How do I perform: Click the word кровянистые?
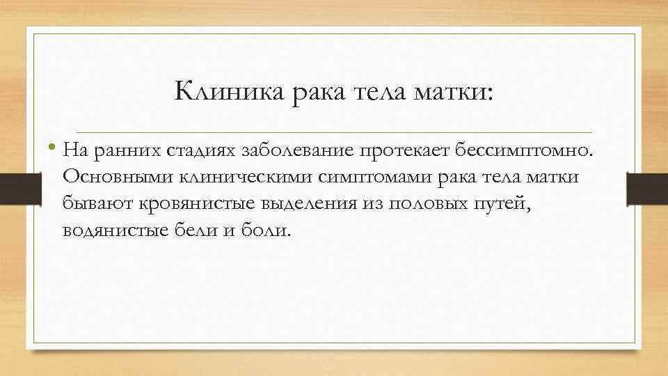coord(163,204)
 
